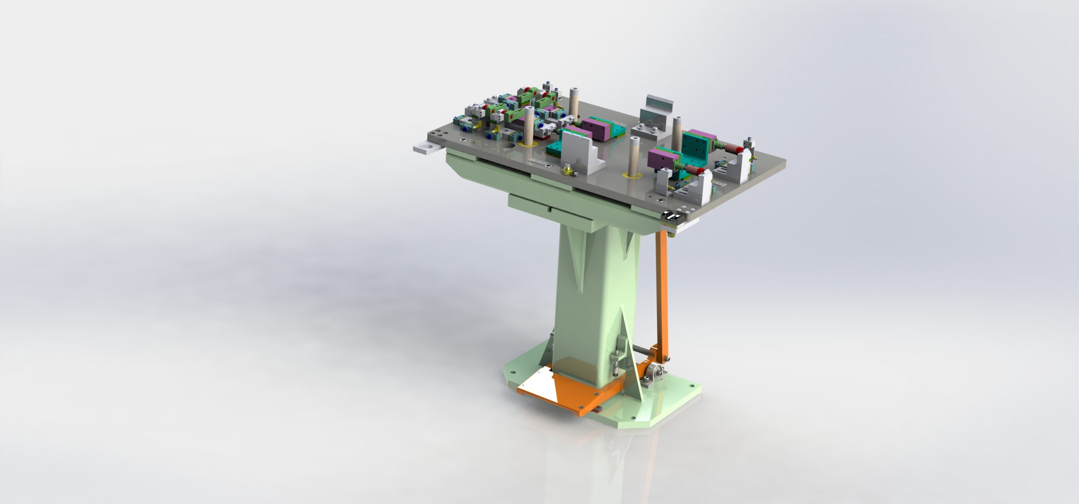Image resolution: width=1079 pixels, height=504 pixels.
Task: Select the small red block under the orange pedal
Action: point(725,409)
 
